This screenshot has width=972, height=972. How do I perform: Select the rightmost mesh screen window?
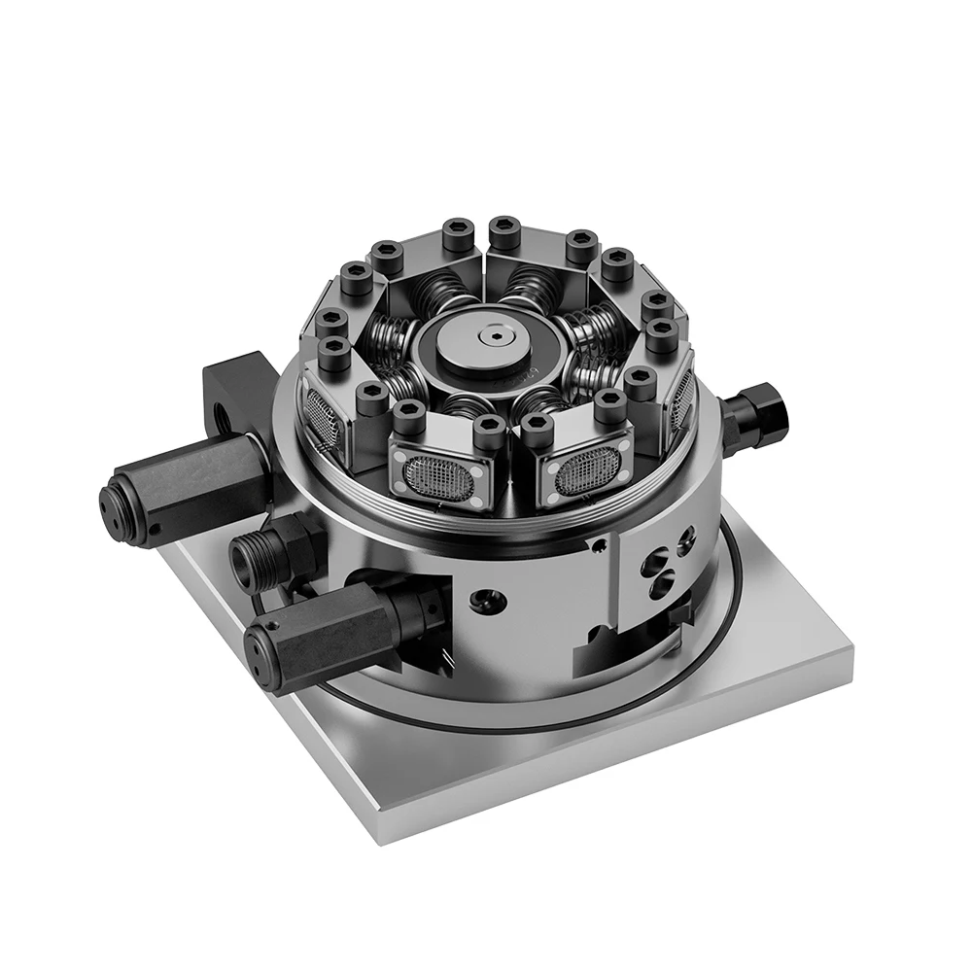tap(682, 399)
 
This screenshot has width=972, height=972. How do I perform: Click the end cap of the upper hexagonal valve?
tap(121, 500)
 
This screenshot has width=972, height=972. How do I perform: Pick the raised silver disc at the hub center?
tap(495, 340)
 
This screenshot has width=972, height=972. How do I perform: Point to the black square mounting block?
tap(233, 389)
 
